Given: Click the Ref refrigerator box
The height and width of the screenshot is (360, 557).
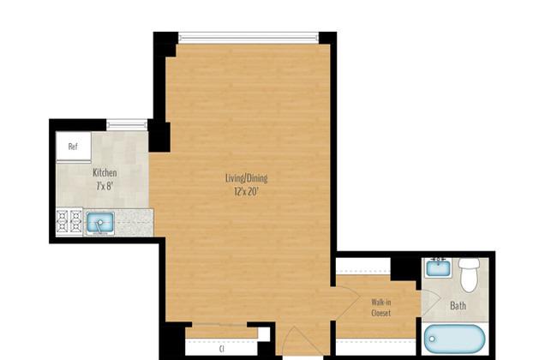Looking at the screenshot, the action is (x=73, y=146).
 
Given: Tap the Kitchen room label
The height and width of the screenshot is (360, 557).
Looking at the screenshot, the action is (x=105, y=173).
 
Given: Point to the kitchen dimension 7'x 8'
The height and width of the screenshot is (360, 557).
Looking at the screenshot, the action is (x=105, y=186).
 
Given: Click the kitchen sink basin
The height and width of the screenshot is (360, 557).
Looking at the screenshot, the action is (x=100, y=223).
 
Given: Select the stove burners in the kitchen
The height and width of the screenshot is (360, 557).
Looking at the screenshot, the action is (x=69, y=222).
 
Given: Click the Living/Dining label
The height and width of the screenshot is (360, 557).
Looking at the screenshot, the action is (x=247, y=178).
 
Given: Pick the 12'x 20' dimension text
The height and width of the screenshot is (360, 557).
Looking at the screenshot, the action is (x=246, y=192).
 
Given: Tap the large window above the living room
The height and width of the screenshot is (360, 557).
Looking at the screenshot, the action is (x=249, y=38).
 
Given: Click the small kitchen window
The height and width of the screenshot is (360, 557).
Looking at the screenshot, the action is (x=127, y=125).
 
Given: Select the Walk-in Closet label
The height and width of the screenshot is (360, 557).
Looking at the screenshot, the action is (x=381, y=308).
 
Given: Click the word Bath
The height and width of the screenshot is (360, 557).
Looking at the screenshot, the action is (x=458, y=306).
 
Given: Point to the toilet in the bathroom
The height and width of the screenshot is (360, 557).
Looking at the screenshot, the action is (x=470, y=274).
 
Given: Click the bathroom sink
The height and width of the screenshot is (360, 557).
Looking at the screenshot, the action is (x=439, y=267).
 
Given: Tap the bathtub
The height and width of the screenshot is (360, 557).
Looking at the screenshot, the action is (x=455, y=339).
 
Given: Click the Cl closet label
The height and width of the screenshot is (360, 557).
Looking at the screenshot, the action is (x=222, y=350).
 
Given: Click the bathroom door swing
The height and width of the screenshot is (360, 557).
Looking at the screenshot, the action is (x=431, y=303).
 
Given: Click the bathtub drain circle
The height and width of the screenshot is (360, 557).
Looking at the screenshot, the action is (x=432, y=339).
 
